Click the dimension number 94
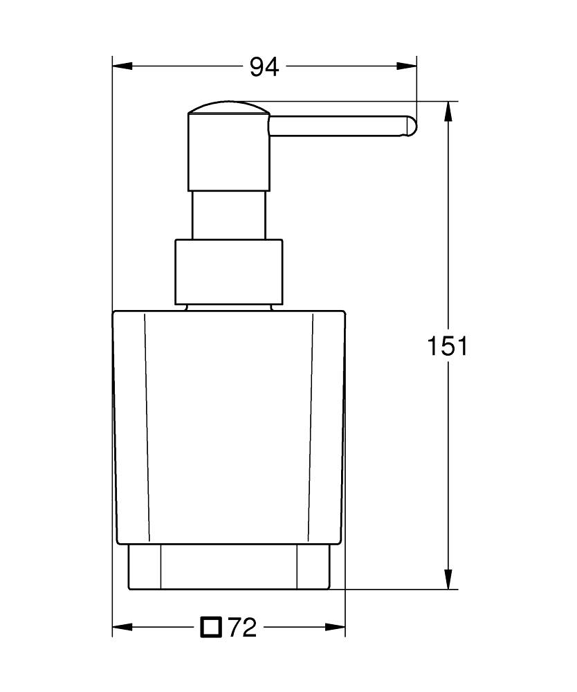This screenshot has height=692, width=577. (x=264, y=67)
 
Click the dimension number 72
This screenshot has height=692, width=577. (x=242, y=628)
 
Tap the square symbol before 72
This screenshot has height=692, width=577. (x=211, y=627)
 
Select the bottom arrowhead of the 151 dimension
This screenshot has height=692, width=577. (x=449, y=579)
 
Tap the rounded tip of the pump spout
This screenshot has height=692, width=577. (x=412, y=127)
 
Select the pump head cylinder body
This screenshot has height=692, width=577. (x=228, y=152)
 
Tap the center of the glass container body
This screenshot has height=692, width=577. (x=228, y=426)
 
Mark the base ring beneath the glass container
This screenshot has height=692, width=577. (x=228, y=567)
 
